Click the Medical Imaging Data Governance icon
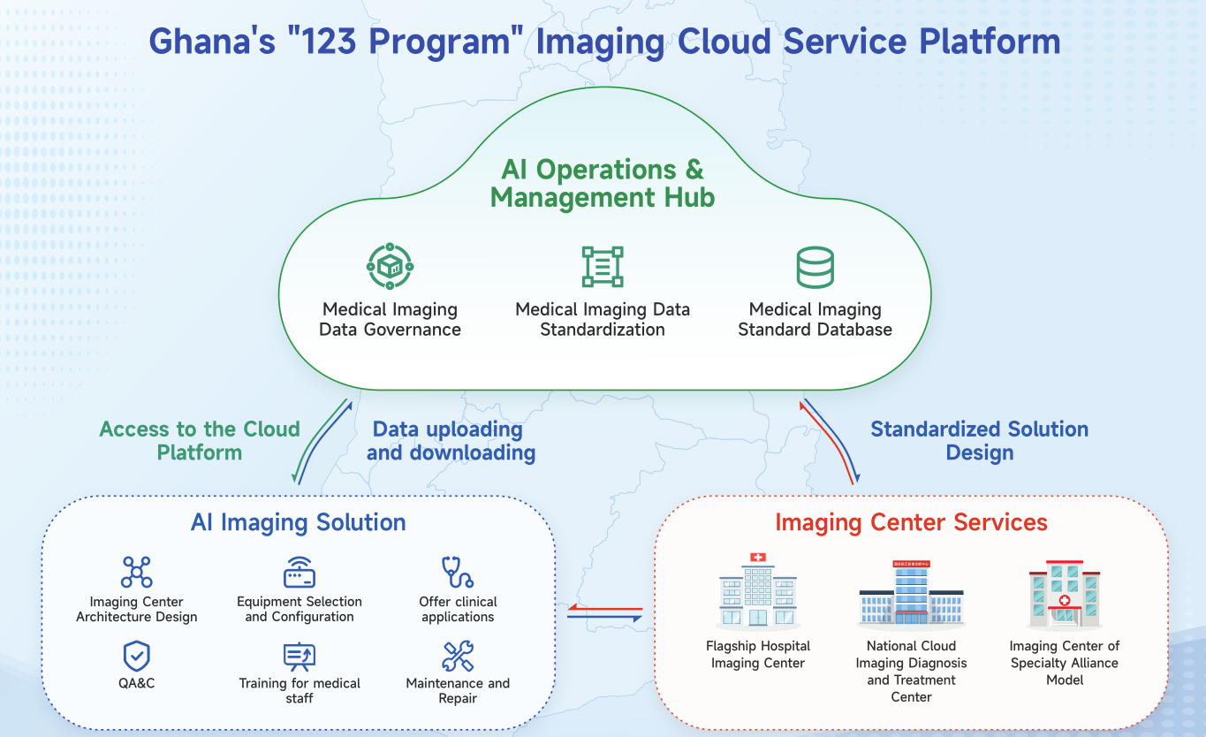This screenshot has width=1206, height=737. click(x=390, y=266)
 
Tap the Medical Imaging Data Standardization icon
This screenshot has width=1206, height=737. click(x=603, y=266)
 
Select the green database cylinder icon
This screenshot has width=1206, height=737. click(x=815, y=267)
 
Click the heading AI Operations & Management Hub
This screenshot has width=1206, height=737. click(x=603, y=183)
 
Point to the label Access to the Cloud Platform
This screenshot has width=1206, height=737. click(x=200, y=441)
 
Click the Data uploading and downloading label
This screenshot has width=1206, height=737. click(x=450, y=441)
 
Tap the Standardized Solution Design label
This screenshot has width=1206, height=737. click(x=979, y=441)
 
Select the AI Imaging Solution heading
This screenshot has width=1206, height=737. click(x=299, y=522)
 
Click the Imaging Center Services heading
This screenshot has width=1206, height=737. click(x=911, y=522)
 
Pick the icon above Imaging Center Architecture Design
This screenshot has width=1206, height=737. click(x=136, y=572)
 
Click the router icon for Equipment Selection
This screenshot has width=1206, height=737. click(x=300, y=573)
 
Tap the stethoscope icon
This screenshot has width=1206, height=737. click(x=458, y=573)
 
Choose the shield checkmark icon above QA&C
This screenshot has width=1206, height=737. click(x=136, y=656)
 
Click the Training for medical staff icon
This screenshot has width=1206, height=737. click(x=300, y=656)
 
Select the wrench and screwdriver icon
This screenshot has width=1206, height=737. click(x=458, y=656)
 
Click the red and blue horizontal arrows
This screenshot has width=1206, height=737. click(x=605, y=612)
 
